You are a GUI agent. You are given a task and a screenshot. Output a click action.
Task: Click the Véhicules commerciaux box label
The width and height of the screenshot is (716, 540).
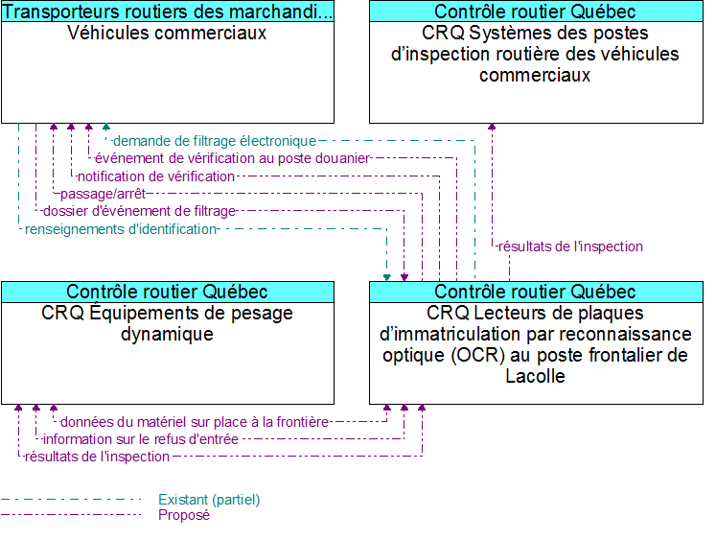[x=168, y=34]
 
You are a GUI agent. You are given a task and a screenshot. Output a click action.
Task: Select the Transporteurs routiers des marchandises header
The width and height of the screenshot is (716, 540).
[x=168, y=12]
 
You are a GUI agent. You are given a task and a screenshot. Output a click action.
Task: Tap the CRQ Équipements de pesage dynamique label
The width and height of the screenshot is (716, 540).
[x=168, y=323]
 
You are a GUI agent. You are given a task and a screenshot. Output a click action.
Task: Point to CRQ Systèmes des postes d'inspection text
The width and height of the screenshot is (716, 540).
[x=536, y=55]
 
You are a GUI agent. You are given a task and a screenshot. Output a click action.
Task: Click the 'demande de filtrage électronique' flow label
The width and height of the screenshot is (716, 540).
[x=214, y=141]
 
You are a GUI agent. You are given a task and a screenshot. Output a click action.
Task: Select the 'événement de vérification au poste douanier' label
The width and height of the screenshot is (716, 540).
[x=232, y=158]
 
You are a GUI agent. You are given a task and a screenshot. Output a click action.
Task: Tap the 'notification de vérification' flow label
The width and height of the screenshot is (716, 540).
[x=156, y=176]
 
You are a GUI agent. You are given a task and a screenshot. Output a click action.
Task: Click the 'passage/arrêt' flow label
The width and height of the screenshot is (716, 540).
[x=103, y=194]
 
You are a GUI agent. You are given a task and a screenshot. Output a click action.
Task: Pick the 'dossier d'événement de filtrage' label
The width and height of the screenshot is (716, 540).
[x=139, y=211]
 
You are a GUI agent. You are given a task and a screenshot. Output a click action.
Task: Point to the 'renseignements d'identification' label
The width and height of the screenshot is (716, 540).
[x=121, y=229]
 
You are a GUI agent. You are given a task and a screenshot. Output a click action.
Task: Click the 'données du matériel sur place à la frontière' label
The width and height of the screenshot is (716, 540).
[x=195, y=422]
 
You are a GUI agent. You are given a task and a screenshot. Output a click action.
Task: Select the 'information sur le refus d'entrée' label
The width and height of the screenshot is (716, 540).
[x=140, y=439]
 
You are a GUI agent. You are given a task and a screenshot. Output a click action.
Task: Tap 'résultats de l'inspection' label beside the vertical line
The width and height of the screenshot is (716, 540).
[x=570, y=247]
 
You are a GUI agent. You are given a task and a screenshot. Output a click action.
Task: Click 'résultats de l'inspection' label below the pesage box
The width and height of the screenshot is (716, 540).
[x=97, y=457]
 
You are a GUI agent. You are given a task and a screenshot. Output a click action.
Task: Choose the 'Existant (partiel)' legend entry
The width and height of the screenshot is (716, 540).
[x=209, y=500]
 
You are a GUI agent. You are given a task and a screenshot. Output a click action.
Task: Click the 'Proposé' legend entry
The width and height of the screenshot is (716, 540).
[x=184, y=515]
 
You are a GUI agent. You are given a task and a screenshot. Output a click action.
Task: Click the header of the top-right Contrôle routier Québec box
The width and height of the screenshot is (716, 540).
[x=536, y=12]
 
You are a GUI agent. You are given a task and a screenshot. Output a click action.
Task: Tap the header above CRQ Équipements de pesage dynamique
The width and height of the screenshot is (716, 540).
[x=168, y=292]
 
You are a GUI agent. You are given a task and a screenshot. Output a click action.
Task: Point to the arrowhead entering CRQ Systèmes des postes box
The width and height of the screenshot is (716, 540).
[x=493, y=127]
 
